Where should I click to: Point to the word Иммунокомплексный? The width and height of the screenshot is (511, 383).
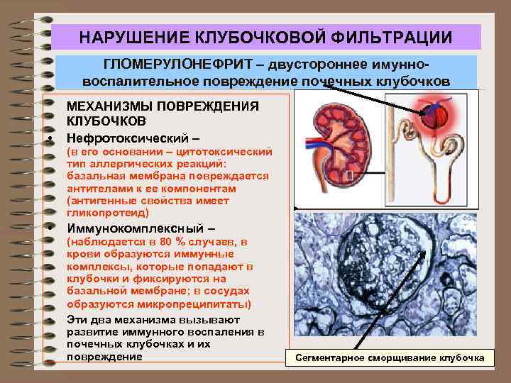coord(135,228)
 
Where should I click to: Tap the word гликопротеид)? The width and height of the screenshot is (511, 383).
coord(107,213)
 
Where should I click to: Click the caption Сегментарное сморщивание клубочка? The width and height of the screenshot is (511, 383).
coord(390,358)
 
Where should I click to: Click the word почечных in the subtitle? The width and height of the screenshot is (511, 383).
coord(331,80)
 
